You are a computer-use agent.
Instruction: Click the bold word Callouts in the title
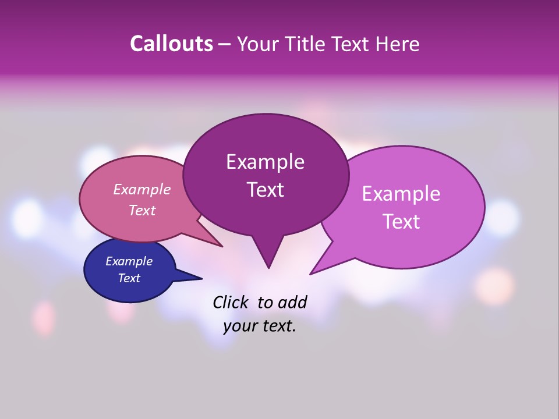point(171,44)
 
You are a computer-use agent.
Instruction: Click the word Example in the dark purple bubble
point(265,162)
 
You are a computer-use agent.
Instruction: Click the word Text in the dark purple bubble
point(265,190)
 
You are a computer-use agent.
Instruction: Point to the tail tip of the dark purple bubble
point(268,268)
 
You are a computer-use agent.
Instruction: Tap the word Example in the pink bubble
point(142,190)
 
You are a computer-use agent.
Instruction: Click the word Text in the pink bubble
point(142,210)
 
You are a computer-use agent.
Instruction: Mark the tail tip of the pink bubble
point(222,246)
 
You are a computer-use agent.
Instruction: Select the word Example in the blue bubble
point(129,261)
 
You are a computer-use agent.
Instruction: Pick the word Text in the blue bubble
point(129,278)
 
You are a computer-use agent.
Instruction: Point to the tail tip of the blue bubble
point(201,278)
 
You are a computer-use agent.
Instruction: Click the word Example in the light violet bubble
point(401,194)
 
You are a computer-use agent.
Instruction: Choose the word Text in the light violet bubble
point(401,222)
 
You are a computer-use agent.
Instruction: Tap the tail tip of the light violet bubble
point(310,274)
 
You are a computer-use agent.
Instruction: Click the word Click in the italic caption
point(232,302)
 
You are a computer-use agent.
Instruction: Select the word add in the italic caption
point(293,302)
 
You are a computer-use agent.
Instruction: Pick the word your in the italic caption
point(240,326)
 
